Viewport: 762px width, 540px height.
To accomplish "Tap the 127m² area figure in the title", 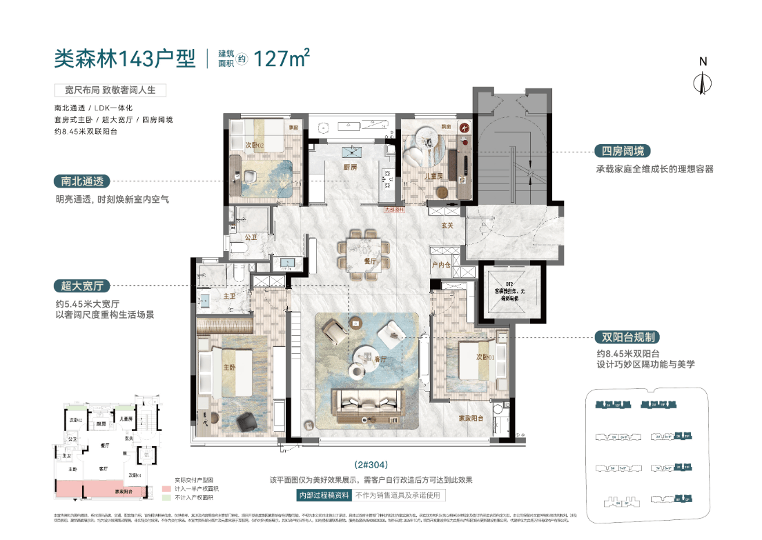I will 282,59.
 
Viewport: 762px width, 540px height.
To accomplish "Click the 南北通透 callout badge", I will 81,182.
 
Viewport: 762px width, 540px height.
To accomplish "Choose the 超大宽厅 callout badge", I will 81,286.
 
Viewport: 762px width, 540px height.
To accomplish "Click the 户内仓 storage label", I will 440,265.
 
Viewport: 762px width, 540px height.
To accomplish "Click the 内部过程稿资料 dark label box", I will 323,495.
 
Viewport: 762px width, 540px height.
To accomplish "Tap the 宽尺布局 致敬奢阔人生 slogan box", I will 110,90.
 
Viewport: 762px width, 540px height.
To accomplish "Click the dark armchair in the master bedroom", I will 246,421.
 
